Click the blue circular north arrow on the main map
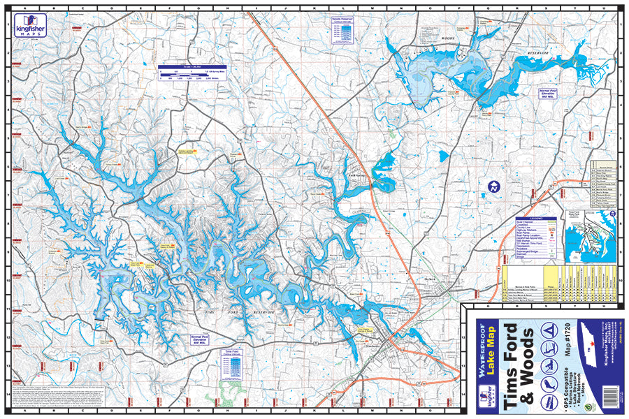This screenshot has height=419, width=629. pos(493,186)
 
